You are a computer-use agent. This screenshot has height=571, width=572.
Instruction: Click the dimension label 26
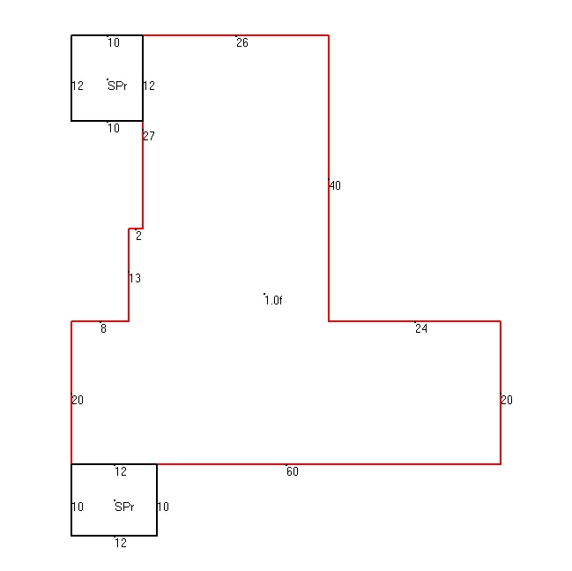click(x=242, y=42)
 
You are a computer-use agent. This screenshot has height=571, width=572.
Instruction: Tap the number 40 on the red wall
click(x=335, y=185)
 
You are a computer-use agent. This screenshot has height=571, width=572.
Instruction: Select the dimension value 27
click(x=149, y=136)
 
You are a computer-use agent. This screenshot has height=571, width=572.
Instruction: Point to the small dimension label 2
click(x=138, y=236)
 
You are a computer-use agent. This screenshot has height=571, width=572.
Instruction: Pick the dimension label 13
click(x=135, y=278)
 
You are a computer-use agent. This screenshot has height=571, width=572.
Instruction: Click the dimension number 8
click(x=104, y=329)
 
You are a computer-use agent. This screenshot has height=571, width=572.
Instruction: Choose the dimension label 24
click(x=421, y=329)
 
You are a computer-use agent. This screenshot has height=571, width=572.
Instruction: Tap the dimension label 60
click(x=293, y=471)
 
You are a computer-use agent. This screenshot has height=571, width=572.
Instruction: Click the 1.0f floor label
click(x=273, y=301)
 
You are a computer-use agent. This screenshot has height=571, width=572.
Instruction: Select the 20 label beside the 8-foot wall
click(x=78, y=400)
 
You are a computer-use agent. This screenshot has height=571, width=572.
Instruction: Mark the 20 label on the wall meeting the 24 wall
click(x=507, y=400)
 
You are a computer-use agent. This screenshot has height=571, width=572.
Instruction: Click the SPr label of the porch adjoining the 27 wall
click(x=117, y=86)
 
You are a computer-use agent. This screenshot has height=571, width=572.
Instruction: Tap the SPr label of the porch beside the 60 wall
click(x=124, y=507)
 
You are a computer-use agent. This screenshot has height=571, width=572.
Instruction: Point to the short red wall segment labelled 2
click(x=136, y=229)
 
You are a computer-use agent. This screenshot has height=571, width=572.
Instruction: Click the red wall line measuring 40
click(x=329, y=178)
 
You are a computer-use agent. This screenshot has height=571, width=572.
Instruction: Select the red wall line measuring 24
click(x=414, y=321)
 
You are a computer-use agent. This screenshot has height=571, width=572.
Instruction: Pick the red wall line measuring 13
click(x=129, y=274)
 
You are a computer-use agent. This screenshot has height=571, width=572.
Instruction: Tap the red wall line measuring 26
click(x=235, y=35)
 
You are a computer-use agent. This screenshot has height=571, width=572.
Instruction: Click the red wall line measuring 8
click(x=100, y=321)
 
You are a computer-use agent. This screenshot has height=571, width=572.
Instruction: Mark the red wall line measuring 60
click(x=329, y=464)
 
